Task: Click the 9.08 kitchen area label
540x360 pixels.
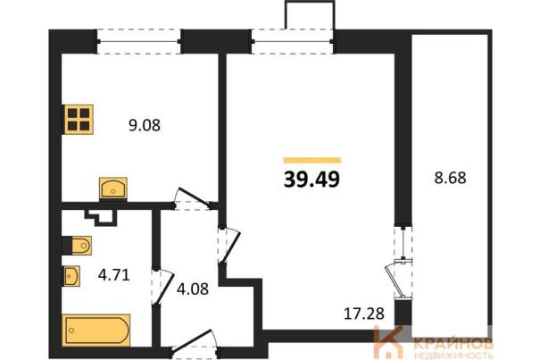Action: point(145,125)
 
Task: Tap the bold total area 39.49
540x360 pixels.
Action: point(312,180)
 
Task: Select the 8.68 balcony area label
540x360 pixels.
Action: point(450,178)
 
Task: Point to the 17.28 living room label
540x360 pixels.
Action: point(364,314)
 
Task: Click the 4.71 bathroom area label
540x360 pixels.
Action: point(114,275)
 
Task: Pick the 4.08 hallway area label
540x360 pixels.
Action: point(193,289)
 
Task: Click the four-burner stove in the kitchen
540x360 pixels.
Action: point(79,120)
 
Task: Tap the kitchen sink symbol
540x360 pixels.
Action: point(113,188)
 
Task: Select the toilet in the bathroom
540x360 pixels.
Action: point(77,246)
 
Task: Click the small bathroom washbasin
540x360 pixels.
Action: point(71,276)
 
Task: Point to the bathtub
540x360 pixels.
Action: point(96,330)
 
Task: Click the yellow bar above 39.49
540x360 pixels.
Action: point(312,160)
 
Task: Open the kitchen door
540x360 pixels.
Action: point(193,200)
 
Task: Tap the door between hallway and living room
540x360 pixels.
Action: point(228,245)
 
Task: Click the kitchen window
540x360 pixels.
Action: point(138,42)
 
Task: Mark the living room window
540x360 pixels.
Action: point(293,42)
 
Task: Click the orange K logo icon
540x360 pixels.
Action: point(389,342)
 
